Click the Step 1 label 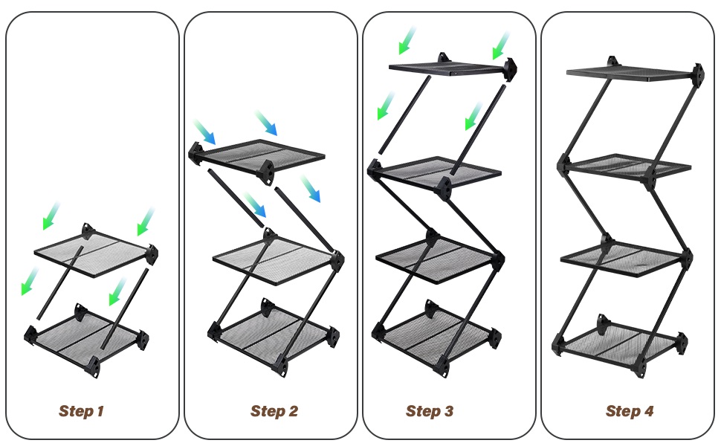[x=82, y=411]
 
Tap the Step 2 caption [x=274, y=411]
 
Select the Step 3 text [x=430, y=411]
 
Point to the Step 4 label [x=630, y=411]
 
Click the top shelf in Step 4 [x=632, y=73]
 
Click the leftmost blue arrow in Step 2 [x=204, y=132]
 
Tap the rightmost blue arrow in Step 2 [x=310, y=190]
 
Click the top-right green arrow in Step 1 [x=146, y=222]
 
